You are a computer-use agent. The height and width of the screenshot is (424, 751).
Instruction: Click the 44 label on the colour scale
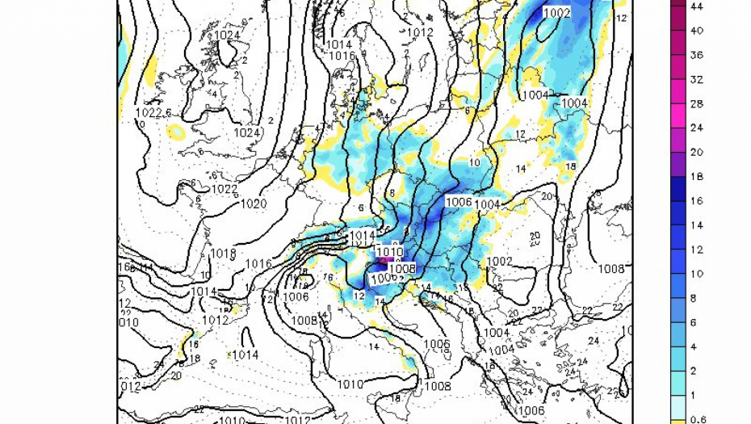coord(698,6)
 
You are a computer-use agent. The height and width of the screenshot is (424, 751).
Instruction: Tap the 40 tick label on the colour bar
coord(698,30)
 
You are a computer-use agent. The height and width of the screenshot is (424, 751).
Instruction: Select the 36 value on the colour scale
coord(698,55)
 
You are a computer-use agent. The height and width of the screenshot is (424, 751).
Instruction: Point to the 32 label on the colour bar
coord(698,79)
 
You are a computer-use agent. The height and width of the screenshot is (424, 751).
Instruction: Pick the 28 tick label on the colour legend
coord(698,103)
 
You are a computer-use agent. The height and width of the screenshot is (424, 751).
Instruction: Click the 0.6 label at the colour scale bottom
coord(699,418)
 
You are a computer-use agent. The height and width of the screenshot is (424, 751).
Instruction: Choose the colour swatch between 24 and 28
coord(678,115)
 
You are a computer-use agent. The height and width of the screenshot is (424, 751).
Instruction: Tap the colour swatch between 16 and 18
coord(678,188)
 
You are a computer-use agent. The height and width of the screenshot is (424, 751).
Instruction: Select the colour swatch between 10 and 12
coord(678,261)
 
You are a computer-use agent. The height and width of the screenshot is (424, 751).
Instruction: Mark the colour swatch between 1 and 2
coord(678,382)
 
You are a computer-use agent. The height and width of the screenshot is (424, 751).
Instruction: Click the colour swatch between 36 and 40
coord(678,43)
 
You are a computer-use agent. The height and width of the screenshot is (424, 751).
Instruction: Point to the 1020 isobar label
coord(254,204)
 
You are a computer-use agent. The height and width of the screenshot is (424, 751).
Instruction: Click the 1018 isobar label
coord(224,253)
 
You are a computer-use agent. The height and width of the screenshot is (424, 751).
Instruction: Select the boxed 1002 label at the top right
coord(556,12)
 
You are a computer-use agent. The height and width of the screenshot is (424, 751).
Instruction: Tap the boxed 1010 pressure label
coord(389,252)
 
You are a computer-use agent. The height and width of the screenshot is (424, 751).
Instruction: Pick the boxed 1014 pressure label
coord(363,236)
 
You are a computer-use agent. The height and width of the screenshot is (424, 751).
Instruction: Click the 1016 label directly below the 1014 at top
coord(342,56)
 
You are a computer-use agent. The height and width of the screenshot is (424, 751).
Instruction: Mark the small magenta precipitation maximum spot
coord(385,260)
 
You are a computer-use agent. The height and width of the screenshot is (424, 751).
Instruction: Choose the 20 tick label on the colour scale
coord(698,152)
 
